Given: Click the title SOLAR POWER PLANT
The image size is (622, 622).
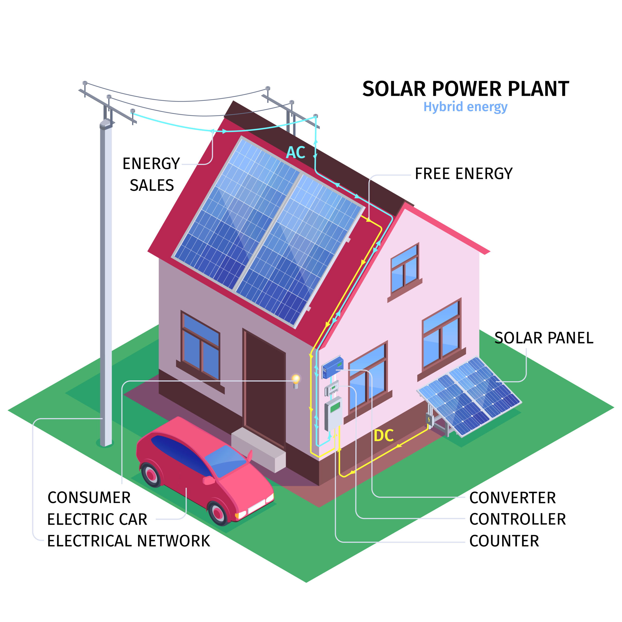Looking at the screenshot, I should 466,89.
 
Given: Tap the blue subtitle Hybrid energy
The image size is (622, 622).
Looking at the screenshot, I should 465,107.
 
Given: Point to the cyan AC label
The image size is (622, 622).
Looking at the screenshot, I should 295,153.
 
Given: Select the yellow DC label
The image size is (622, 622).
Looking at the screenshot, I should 383,436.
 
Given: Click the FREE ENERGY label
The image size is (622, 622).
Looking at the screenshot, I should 464,174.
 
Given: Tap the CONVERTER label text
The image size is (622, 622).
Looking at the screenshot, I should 512,498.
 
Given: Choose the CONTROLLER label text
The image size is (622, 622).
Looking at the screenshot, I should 517,519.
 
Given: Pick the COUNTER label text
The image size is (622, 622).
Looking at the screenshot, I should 504,541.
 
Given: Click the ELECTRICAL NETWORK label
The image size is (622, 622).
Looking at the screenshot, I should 129,541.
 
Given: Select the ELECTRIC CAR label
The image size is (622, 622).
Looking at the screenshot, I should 97,519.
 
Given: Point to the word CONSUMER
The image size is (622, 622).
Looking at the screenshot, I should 89,498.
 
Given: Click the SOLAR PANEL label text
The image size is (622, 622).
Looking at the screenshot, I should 544,338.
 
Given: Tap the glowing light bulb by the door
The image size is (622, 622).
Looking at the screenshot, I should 295,379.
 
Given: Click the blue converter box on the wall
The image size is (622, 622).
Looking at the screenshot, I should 333,367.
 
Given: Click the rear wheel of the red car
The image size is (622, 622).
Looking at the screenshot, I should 151,475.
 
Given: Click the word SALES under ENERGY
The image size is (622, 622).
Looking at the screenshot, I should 152,185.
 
